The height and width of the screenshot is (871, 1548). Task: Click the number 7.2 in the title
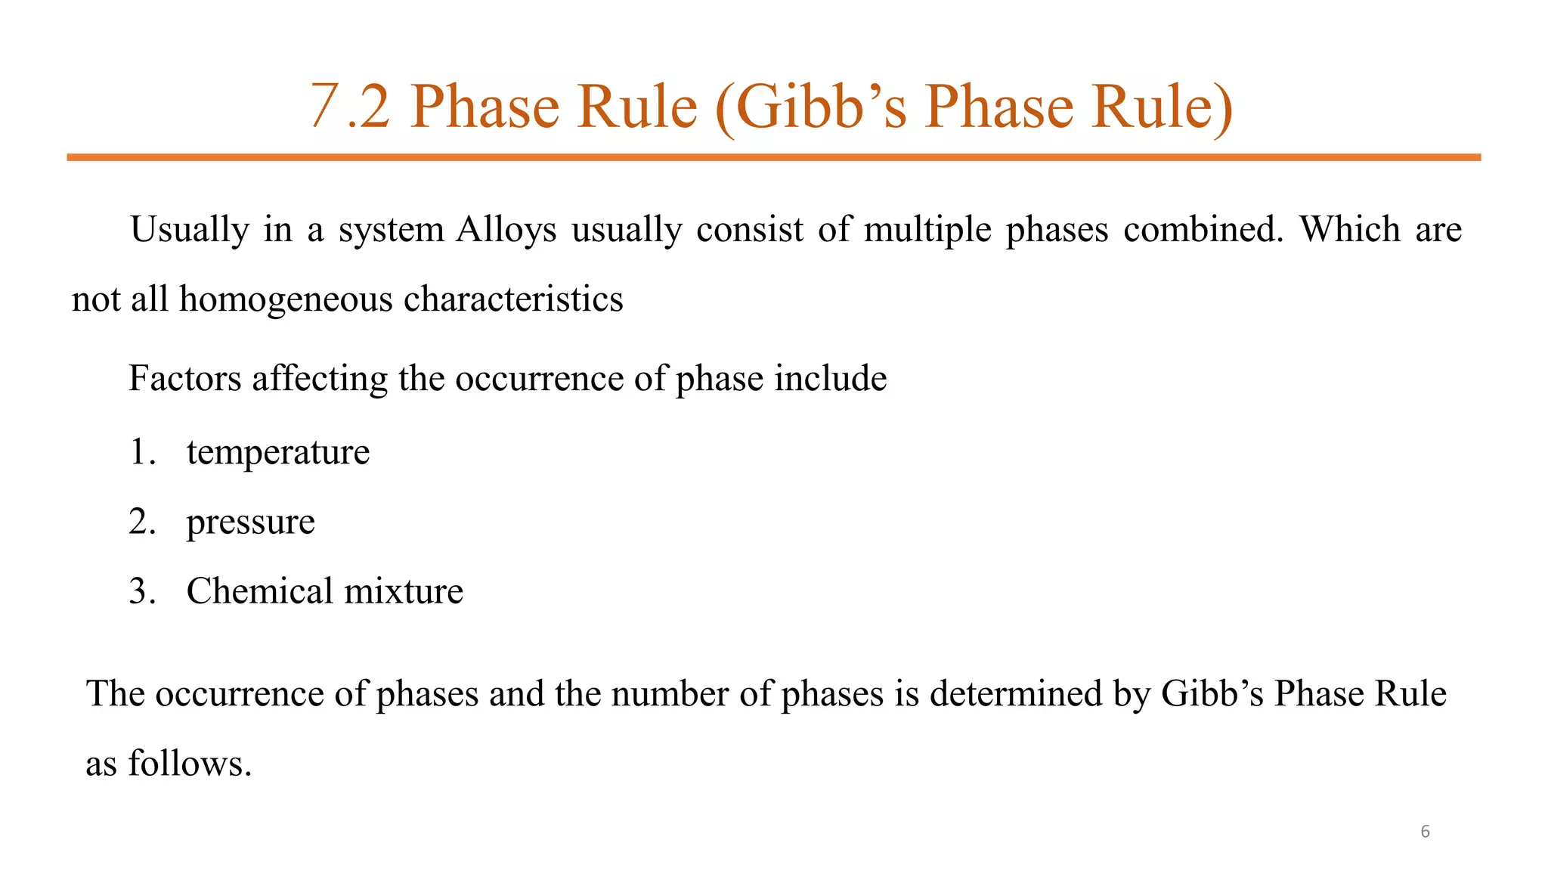tap(350, 107)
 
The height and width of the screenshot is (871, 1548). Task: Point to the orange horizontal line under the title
tap(773, 157)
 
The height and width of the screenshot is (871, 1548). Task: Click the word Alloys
tap(506, 230)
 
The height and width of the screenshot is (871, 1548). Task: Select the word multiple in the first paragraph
tap(927, 230)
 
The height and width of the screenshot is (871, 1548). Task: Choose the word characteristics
tap(513, 299)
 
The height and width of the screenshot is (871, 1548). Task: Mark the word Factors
tap(184, 378)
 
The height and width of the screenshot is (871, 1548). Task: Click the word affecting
tap(320, 379)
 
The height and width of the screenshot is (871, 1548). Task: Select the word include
tap(831, 378)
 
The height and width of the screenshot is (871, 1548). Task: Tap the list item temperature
tap(278, 453)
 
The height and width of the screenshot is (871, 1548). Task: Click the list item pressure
tap(250, 522)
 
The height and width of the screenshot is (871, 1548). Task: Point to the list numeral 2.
tap(141, 522)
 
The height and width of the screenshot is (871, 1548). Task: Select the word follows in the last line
tap(189, 764)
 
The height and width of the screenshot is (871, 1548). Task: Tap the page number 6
tap(1425, 832)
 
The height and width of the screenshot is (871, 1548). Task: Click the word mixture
tap(404, 591)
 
